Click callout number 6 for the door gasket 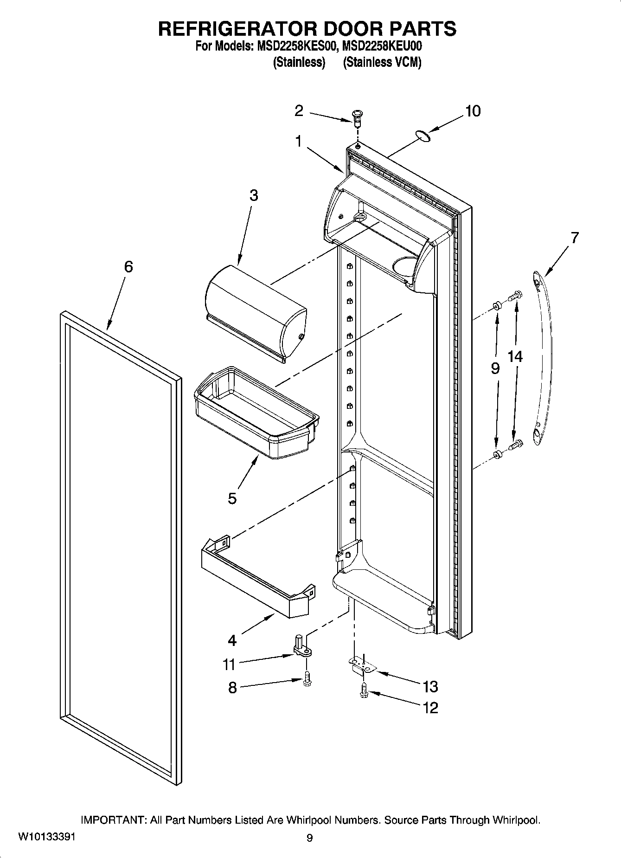coord(128,267)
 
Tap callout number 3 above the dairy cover coord(253,195)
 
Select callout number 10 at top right coord(473,111)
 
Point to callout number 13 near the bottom coord(430,686)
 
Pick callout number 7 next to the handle coord(575,238)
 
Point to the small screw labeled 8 coord(307,680)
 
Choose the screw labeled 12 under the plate coord(363,692)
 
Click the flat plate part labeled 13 coord(362,665)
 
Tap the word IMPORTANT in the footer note coord(114,820)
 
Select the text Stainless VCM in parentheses coord(382,62)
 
